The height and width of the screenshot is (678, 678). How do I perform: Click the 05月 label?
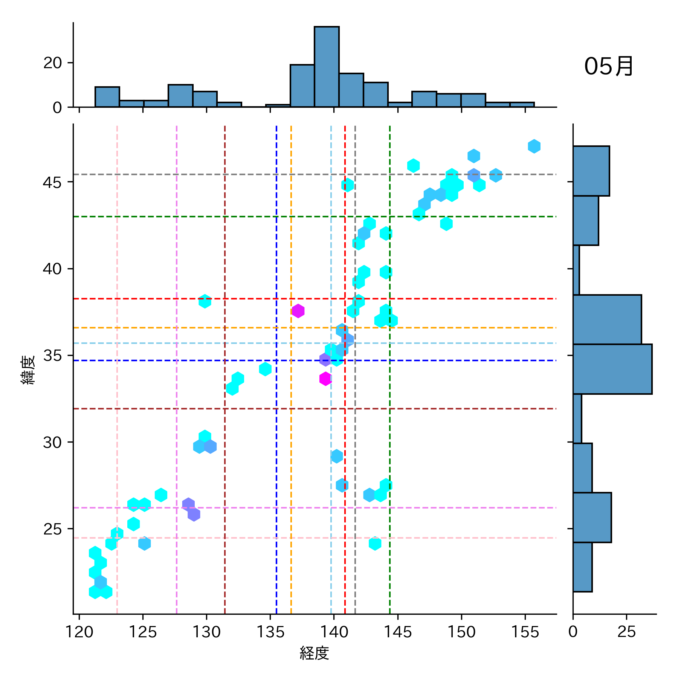coord(608,67)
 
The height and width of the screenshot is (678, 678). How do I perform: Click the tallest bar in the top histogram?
coord(327,67)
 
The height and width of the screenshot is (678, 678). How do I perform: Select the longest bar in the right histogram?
coord(612,369)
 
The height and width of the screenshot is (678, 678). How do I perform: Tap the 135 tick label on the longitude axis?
coord(270,632)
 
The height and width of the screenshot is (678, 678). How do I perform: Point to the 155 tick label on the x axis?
coord(525,632)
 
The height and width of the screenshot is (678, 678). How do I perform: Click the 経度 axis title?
coord(315,653)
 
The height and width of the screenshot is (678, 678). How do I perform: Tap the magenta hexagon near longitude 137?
coord(298,311)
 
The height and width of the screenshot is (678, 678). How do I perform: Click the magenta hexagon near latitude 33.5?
coord(325,379)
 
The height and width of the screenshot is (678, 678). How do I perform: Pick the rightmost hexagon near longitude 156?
coord(534,146)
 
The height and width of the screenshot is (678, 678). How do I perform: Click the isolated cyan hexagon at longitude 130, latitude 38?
coord(205,301)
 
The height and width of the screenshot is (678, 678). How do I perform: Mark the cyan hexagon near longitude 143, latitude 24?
coord(375,544)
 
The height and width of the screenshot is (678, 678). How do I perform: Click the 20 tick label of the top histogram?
coord(52,63)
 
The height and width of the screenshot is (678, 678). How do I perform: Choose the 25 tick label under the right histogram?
coord(626,632)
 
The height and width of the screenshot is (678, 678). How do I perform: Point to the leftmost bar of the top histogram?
coord(107,97)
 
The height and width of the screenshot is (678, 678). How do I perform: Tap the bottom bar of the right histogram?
coord(582,567)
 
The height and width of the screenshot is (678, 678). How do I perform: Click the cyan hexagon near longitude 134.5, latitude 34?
coord(265,369)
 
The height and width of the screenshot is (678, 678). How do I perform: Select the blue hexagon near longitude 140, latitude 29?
coord(337,457)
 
